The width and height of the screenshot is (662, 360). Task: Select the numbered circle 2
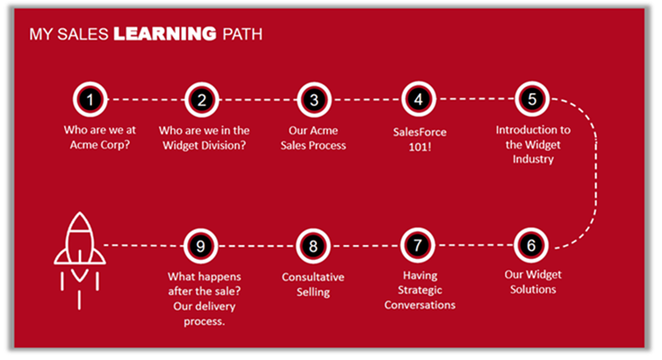pos(201,99)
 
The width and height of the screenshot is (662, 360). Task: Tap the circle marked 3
pos(313,99)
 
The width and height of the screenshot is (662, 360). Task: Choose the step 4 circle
pos(419,99)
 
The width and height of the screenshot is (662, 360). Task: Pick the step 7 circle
pos(419,244)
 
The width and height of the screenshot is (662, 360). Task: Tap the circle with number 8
pos(313,244)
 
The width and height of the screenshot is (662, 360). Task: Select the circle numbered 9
pos(201,244)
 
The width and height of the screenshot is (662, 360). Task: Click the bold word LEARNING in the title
pos(164,35)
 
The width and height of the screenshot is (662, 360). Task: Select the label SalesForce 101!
pos(419,138)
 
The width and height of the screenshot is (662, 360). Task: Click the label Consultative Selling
pos(313,284)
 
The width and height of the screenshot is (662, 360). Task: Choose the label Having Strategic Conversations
pos(419,290)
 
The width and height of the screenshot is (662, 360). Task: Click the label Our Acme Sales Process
pos(313,138)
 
